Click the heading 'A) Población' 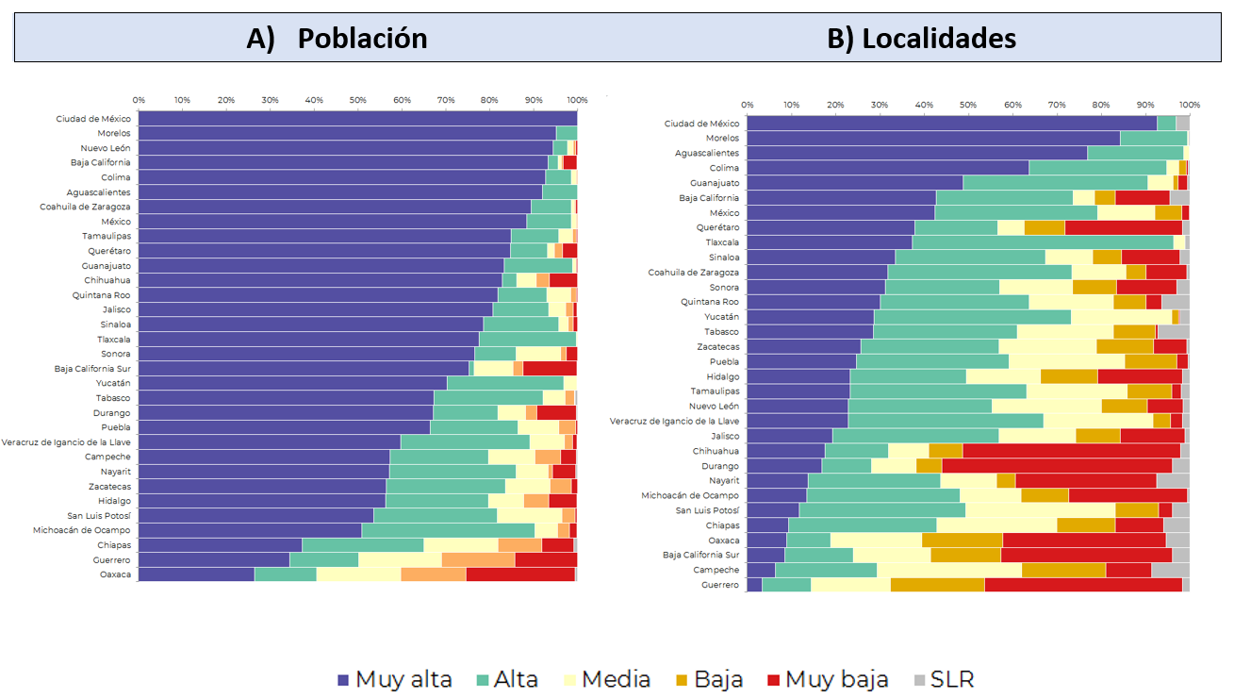tap(337, 39)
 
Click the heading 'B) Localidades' tap(921, 39)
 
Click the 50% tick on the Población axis tap(358, 100)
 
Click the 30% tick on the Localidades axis tap(880, 106)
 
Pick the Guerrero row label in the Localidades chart tap(720, 585)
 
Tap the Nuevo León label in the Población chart tap(106, 148)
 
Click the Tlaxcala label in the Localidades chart tap(722, 242)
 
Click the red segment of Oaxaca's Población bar tap(520, 574)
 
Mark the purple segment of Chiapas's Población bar tap(220, 545)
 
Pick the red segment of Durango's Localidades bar tap(1056, 466)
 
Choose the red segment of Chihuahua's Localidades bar tap(1071, 451)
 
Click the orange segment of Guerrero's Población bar tap(478, 559)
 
